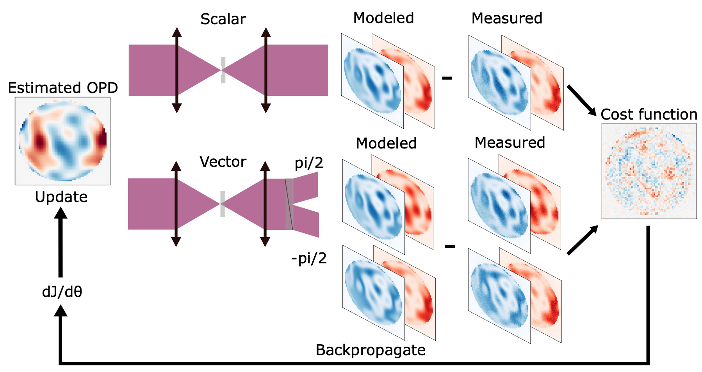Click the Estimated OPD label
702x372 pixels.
(x=63, y=88)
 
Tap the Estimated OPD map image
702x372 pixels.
(x=62, y=141)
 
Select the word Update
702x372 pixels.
(x=61, y=197)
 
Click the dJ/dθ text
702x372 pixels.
(x=62, y=292)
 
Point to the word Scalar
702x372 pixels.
(x=223, y=19)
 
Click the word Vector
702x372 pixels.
(x=223, y=162)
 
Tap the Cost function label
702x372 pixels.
(x=649, y=114)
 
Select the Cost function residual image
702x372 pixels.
(x=649, y=171)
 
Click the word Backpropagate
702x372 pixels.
(x=371, y=350)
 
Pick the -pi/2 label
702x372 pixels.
(x=309, y=258)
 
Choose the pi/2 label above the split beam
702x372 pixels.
(x=309, y=163)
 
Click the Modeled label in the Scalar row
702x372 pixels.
(x=383, y=18)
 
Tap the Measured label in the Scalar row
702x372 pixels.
(x=507, y=18)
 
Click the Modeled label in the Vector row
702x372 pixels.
(x=386, y=143)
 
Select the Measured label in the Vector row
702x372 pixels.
(x=510, y=143)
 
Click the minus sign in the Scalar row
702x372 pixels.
(x=447, y=78)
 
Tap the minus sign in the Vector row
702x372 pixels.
(x=450, y=246)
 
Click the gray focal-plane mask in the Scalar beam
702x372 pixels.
(x=223, y=70)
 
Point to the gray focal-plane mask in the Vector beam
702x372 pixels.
(x=223, y=204)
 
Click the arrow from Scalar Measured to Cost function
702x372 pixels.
(x=581, y=100)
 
